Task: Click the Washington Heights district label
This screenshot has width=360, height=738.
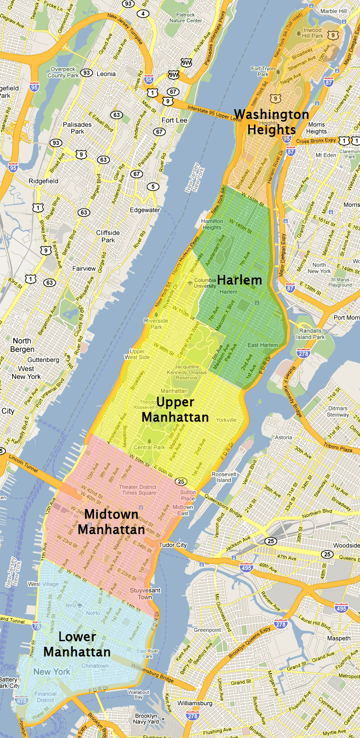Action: pos(272,121)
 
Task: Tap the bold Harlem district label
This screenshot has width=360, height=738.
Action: pos(240,280)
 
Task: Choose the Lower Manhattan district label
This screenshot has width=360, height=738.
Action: pos(77,644)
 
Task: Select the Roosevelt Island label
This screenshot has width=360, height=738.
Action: pos(224,477)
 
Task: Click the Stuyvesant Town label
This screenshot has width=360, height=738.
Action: pos(145,593)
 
